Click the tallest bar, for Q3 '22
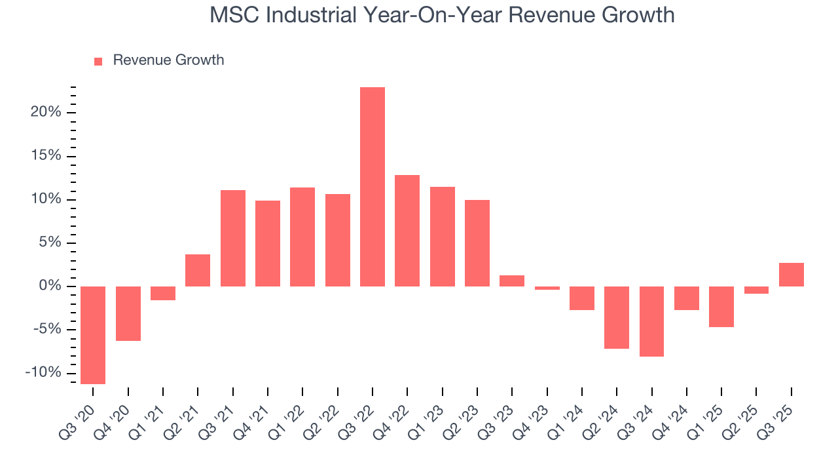[373, 187]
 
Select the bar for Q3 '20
[93, 335]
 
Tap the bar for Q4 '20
[128, 313]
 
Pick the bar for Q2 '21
[198, 270]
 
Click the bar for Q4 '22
[407, 231]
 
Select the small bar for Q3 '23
[512, 281]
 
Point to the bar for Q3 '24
[652, 321]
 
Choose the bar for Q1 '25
[721, 307]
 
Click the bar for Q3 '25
[792, 275]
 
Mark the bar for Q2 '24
[617, 317]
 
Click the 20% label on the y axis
[45, 112]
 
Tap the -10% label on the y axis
[43, 373]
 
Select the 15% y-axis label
[45, 156]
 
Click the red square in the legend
[98, 61]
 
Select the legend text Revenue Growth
[168, 60]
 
